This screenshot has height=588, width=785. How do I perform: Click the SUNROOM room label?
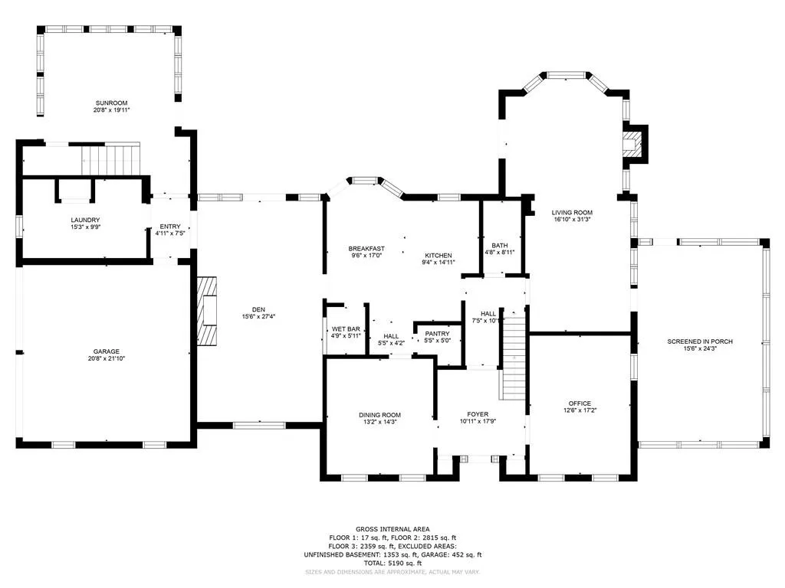tap(111, 103)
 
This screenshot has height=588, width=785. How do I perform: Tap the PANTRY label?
tap(437, 334)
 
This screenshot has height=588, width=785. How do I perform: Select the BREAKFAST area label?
tap(366, 249)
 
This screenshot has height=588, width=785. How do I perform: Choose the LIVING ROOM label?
tap(572, 213)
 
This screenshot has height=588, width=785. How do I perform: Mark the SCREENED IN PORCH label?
tap(700, 341)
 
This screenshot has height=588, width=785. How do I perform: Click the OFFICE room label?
tap(580, 403)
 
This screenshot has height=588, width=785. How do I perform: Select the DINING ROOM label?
tap(379, 415)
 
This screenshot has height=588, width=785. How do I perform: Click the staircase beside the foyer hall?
tap(514, 360)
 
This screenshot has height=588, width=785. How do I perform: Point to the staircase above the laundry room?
tap(111, 160)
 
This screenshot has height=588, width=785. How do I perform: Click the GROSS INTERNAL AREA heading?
tap(392, 529)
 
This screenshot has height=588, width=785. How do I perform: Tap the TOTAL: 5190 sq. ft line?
tap(392, 563)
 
